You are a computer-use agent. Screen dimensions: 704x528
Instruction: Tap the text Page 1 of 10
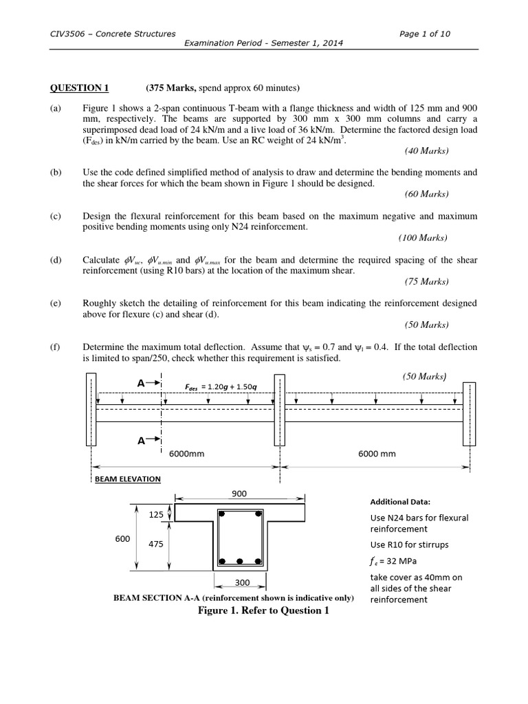pos(424,33)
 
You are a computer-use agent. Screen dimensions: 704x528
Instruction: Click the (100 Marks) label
pos(422,238)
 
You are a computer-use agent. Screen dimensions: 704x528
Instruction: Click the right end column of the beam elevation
pos(469,412)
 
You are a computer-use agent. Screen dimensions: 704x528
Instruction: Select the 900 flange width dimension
pos(240,493)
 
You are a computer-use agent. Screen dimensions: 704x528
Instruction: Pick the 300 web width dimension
pos(242,583)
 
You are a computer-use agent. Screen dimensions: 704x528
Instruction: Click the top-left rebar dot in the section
pos(222,513)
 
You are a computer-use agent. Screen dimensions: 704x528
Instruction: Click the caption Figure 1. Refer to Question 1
pos(260,611)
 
